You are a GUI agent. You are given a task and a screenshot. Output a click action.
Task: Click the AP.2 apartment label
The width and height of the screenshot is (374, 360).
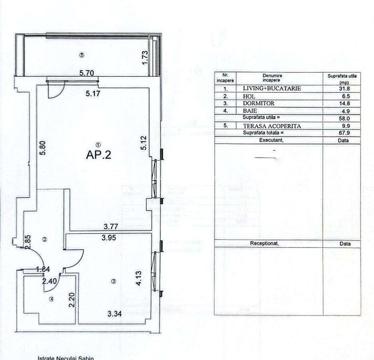pos(98,155)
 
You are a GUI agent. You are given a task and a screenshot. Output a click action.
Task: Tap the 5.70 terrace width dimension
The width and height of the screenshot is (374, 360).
pos(87,73)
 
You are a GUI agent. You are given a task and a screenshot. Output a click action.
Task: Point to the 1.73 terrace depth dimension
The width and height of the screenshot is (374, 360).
pos(145,57)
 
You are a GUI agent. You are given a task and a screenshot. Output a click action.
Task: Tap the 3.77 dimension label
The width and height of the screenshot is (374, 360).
pos(111,227)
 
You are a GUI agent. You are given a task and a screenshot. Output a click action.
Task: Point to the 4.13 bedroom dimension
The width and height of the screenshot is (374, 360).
pos(138,278)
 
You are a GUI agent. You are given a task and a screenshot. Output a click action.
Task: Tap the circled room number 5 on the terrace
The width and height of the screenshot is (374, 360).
pos(82,55)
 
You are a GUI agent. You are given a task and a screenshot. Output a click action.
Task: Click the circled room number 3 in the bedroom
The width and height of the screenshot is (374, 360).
pos(113,282)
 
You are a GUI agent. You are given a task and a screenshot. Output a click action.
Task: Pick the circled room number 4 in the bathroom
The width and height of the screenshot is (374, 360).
pos(51,298)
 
